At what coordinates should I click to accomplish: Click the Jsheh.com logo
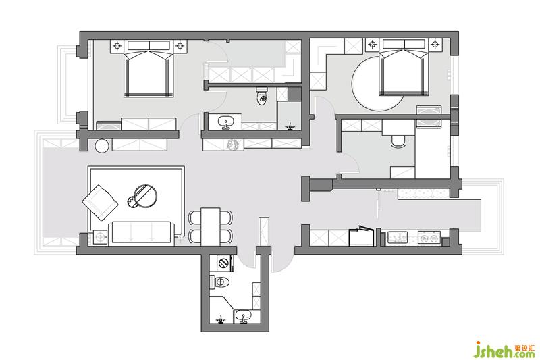(505, 350)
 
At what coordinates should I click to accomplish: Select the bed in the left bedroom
(148, 68)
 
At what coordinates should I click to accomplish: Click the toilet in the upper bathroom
(262, 95)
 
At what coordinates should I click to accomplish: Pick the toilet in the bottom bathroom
(219, 282)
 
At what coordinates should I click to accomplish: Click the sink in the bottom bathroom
(244, 316)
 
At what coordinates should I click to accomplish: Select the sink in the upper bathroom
(225, 122)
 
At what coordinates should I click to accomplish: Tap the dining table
(211, 226)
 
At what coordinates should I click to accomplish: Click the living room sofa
(142, 232)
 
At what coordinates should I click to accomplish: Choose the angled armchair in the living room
(100, 203)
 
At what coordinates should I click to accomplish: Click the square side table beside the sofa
(100, 237)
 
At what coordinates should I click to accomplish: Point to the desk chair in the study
(398, 141)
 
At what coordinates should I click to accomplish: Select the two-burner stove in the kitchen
(429, 237)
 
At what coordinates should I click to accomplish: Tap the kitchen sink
(398, 237)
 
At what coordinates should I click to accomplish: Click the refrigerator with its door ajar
(361, 236)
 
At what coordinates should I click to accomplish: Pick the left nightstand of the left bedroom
(117, 46)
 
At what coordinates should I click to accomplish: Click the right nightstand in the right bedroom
(435, 45)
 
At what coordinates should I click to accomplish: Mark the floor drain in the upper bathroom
(291, 126)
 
